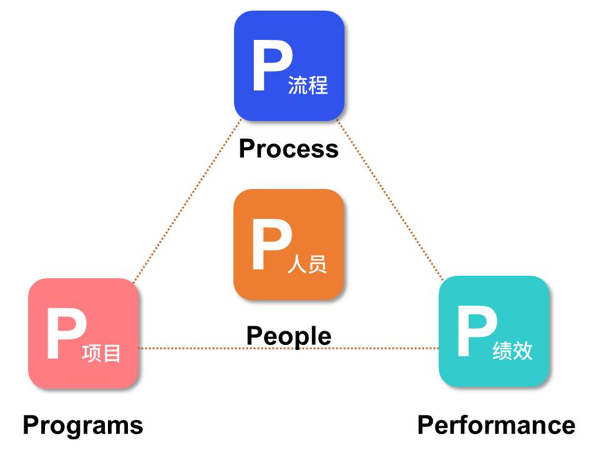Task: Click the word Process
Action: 288,149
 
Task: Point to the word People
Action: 288,336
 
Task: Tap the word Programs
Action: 83,425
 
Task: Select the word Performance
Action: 496,425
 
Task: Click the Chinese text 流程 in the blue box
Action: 308,85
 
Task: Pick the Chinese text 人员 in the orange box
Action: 307,264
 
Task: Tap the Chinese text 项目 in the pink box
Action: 101,354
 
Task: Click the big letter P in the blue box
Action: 271,65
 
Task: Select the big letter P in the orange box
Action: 271,245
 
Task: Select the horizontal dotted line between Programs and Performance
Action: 187,348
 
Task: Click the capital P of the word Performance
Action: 425,425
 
